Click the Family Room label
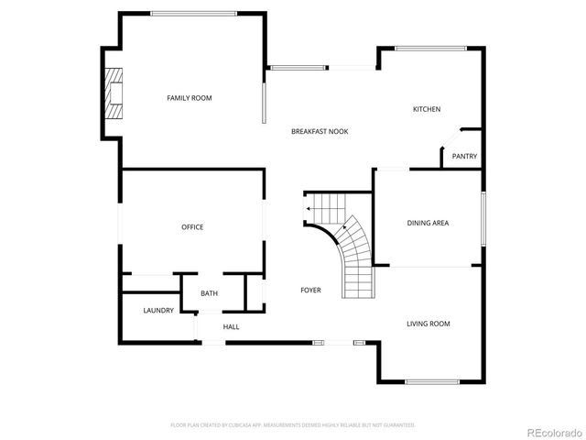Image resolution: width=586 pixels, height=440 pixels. [x=189, y=97]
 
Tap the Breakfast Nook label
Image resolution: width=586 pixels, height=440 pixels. [x=320, y=131]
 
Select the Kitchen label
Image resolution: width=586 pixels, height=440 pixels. [x=427, y=109]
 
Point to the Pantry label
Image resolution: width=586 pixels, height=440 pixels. [x=464, y=156]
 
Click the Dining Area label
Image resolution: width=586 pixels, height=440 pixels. [x=428, y=223]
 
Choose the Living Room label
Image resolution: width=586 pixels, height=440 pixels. [x=428, y=324]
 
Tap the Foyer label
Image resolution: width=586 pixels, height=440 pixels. [x=310, y=290]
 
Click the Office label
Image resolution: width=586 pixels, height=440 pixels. [x=192, y=226]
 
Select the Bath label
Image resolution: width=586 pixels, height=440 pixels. [x=210, y=293]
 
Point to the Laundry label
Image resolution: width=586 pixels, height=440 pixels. [x=158, y=311]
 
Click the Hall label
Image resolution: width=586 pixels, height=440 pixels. [x=231, y=326]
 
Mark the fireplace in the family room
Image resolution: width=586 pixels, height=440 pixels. [x=114, y=93]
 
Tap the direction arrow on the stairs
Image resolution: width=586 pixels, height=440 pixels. [x=309, y=209]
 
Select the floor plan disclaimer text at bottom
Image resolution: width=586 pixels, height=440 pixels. [x=293, y=425]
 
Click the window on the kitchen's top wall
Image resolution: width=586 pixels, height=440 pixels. [x=430, y=49]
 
